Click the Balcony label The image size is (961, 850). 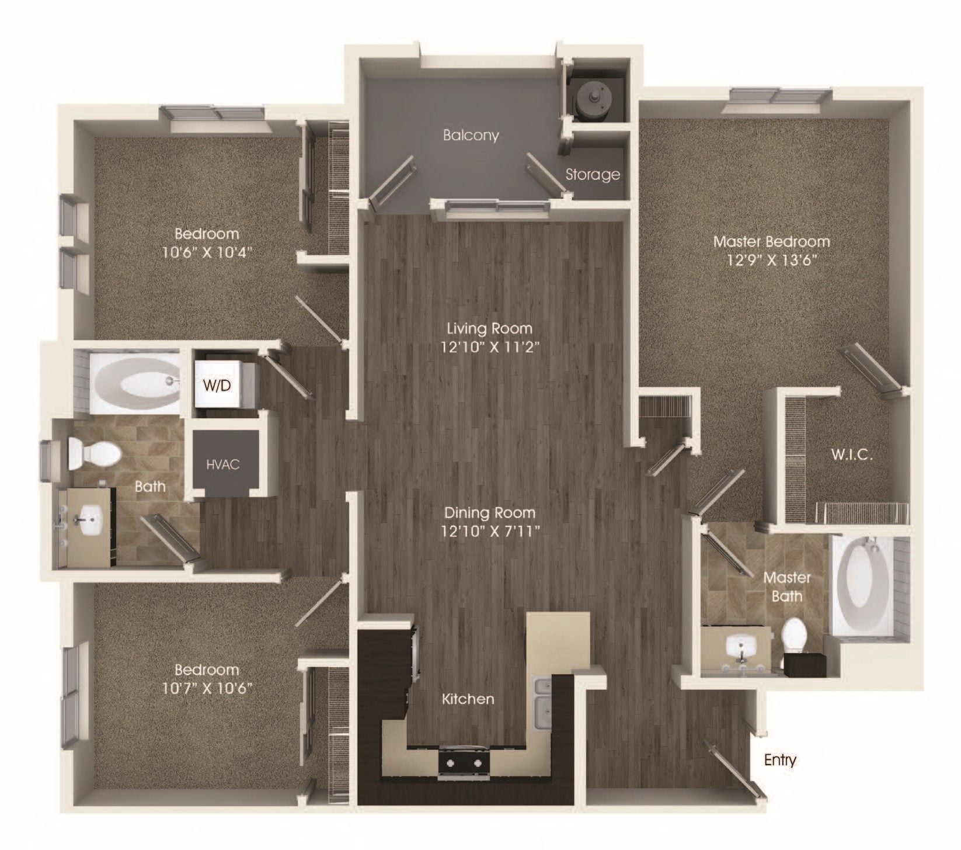click(x=471, y=136)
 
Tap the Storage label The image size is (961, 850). click(x=593, y=174)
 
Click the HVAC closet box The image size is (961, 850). click(x=223, y=465)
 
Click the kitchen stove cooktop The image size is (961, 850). click(x=464, y=762)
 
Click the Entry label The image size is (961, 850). click(x=780, y=760)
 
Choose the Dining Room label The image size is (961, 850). click(x=489, y=513)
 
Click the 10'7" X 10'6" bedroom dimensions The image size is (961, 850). click(x=208, y=688)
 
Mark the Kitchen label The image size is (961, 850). click(x=468, y=699)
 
